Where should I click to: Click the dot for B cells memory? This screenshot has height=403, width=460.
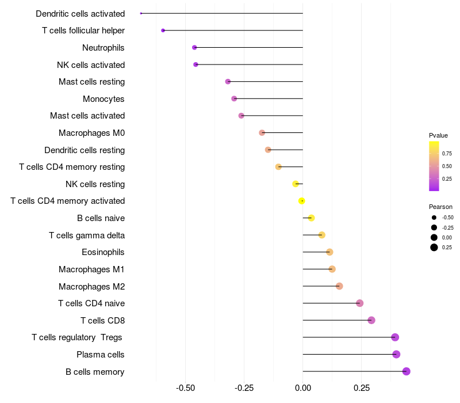(406, 371)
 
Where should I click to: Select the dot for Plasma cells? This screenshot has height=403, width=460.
(396, 354)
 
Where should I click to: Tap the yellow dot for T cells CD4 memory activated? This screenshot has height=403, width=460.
(301, 201)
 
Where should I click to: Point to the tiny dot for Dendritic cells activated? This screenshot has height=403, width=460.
(141, 13)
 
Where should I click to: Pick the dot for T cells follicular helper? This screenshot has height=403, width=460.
(163, 31)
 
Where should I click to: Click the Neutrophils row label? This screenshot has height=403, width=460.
(103, 47)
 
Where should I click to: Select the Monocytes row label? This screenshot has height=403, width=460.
(103, 99)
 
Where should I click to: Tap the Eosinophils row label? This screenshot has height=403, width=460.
(103, 252)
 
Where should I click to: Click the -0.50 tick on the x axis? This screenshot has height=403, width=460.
(185, 388)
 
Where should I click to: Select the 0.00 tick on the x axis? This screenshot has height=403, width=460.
(302, 388)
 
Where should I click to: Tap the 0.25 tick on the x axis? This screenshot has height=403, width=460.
(362, 388)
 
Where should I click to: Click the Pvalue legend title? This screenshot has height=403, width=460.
(438, 135)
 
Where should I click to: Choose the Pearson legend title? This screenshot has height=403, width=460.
(440, 207)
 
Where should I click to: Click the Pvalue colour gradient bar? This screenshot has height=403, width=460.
(434, 166)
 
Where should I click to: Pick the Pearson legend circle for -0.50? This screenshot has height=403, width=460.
(434, 218)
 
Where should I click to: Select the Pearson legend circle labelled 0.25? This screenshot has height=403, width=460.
(434, 248)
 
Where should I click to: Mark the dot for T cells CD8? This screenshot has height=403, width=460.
(371, 320)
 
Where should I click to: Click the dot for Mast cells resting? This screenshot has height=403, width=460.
(228, 82)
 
